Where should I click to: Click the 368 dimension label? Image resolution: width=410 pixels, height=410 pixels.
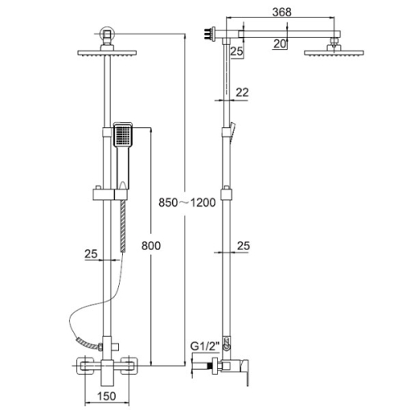point(282,12)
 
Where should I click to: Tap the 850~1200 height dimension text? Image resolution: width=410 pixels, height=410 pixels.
point(187,203)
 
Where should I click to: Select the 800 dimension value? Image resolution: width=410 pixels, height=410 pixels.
point(151,246)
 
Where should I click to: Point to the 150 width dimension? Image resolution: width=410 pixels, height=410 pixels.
point(107,396)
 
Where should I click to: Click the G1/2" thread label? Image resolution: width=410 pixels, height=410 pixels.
point(205,346)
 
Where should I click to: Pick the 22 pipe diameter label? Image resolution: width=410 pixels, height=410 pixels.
point(242,93)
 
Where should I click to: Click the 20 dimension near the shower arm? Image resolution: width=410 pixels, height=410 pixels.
point(280,44)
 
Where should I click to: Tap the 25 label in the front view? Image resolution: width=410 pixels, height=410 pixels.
point(91,254)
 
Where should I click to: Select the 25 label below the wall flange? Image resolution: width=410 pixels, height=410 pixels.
point(236,51)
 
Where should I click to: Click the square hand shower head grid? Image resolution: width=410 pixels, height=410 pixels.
point(122,134)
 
